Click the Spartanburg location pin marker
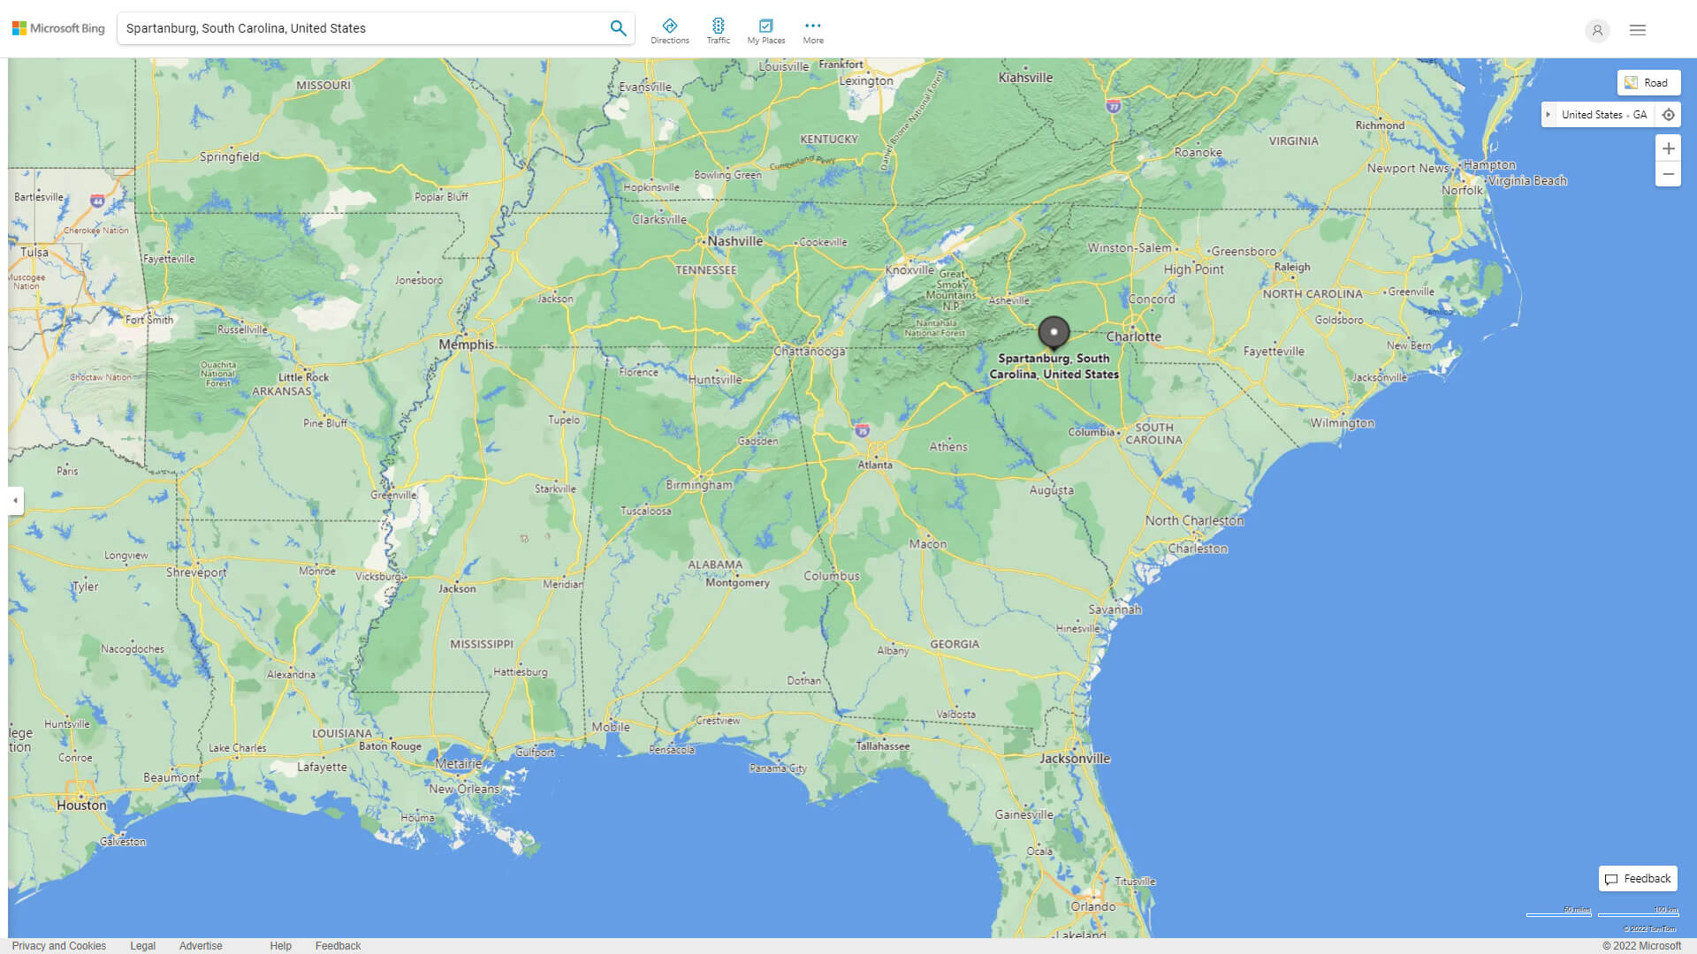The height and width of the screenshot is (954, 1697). [1054, 332]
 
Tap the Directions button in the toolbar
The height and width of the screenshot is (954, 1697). [669, 31]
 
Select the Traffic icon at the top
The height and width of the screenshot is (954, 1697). [718, 31]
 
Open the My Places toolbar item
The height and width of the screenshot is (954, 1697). [765, 31]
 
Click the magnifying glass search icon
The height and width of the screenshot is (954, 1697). [618, 28]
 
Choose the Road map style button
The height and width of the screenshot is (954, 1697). [1648, 83]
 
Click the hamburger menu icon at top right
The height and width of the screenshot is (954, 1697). [1638, 30]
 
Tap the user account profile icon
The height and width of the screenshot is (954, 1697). [1597, 30]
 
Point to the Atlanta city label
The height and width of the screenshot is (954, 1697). [875, 465]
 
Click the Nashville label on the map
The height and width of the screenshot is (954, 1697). [734, 241]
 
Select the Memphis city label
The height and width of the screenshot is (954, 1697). [467, 344]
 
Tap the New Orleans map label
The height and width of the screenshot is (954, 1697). [464, 789]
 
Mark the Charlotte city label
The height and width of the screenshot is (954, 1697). [1134, 337]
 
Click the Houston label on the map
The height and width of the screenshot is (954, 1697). [81, 805]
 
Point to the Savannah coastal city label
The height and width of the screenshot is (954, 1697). [1115, 609]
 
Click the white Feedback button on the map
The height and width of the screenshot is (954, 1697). [1638, 878]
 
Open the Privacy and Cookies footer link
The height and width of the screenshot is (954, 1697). [59, 945]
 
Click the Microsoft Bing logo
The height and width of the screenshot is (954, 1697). [58, 28]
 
